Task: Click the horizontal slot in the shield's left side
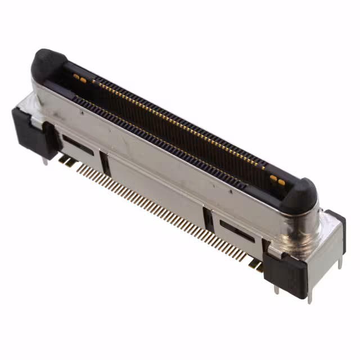tap(78, 144)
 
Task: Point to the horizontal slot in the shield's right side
tap(237, 231)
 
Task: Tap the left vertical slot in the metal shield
tap(105, 163)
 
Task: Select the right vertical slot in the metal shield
tap(209, 219)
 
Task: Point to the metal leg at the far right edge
tap(340, 260)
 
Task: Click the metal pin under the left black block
tap(44, 161)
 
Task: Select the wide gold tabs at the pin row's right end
tap(256, 264)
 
